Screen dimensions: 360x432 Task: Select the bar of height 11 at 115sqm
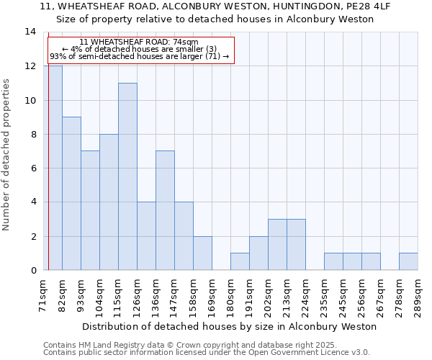point(127,176)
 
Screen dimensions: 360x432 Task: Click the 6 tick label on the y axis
point(32,168)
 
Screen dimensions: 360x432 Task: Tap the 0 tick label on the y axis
point(32,271)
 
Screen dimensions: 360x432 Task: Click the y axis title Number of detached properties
point(7,155)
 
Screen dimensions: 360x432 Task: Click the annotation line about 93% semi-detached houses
point(140,56)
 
